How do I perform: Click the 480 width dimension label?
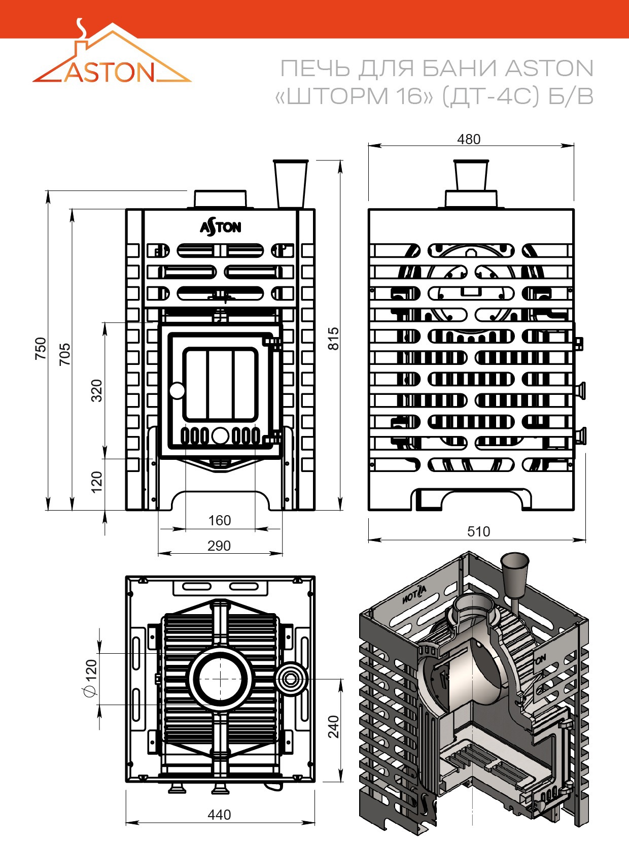pyautogui.click(x=469, y=140)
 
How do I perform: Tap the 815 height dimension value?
pyautogui.click(x=334, y=339)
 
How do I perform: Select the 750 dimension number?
pyautogui.click(x=41, y=348)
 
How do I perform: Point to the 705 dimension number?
pyautogui.click(x=65, y=354)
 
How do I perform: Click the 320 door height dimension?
pyautogui.click(x=96, y=390)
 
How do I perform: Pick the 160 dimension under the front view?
pyautogui.click(x=219, y=520)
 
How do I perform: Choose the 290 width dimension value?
pyautogui.click(x=219, y=546)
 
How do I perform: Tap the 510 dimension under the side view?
pyautogui.click(x=478, y=531)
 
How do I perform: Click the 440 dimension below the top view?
pyautogui.click(x=219, y=815)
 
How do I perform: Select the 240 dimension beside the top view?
pyautogui.click(x=333, y=726)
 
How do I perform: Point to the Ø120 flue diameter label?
pyautogui.click(x=91, y=678)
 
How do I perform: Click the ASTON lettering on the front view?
pyautogui.click(x=221, y=227)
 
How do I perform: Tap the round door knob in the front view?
pyautogui.click(x=177, y=391)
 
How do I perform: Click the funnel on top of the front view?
pyautogui.click(x=291, y=184)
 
